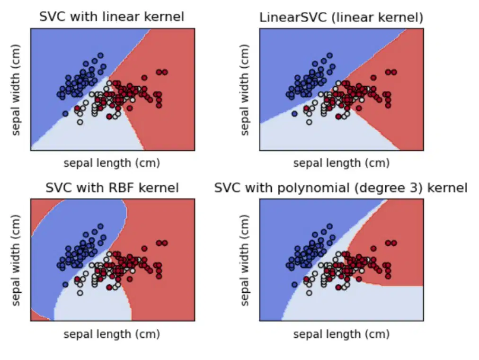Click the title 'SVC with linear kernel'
[x=112, y=17]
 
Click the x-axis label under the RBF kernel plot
[x=112, y=334]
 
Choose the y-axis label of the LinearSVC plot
[x=245, y=90]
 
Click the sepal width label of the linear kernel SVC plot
[x=16, y=90]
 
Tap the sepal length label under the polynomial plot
[x=341, y=334]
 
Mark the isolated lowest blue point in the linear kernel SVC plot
[x=65, y=114]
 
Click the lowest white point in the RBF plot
[x=80, y=293]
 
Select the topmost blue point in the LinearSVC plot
[x=329, y=55]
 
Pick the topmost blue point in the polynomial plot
[x=329, y=226]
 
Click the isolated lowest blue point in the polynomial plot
[x=294, y=285]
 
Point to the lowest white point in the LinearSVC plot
[x=309, y=122]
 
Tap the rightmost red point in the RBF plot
[x=165, y=243]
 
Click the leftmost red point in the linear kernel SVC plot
[x=77, y=108]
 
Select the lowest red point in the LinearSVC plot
[x=338, y=117]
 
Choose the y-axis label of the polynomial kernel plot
[x=245, y=261]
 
